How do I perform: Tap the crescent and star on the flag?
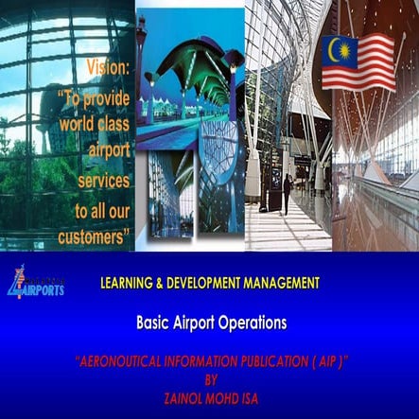(338, 49)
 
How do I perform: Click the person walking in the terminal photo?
(287, 193)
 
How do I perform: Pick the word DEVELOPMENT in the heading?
(216, 282)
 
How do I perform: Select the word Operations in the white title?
(249, 322)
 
